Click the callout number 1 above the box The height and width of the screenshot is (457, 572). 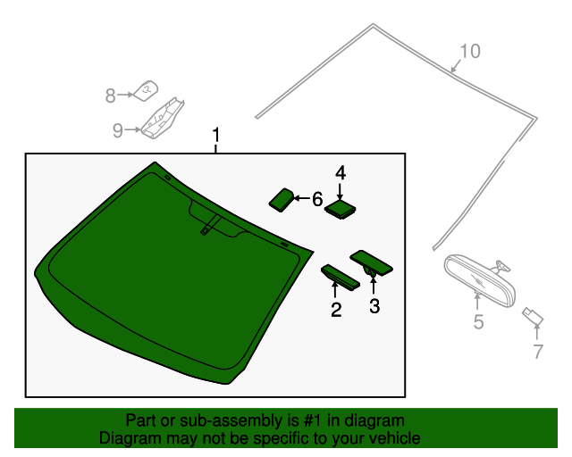tap(216, 135)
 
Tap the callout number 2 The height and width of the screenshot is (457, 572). tap(336, 310)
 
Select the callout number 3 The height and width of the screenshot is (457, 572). tap(374, 306)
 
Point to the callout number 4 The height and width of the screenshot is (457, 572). tap(341, 173)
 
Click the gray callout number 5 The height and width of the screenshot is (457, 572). tap(478, 322)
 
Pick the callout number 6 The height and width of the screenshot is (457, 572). tap(317, 199)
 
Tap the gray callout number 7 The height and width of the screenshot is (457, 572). tap(538, 352)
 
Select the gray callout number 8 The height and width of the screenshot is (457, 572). tap(110, 96)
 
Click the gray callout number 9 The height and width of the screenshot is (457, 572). tap(117, 130)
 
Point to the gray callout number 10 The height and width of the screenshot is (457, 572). tap(470, 51)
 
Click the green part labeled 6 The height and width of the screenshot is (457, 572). tap(282, 200)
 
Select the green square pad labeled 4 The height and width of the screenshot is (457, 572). tap(340, 209)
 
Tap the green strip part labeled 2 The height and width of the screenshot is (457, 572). tap(341, 278)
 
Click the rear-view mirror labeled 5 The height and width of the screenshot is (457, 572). tap(480, 280)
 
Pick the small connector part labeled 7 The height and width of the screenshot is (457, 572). tap(533, 316)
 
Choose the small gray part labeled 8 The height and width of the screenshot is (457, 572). tap(146, 91)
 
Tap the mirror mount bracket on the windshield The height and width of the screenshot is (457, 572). tap(211, 225)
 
